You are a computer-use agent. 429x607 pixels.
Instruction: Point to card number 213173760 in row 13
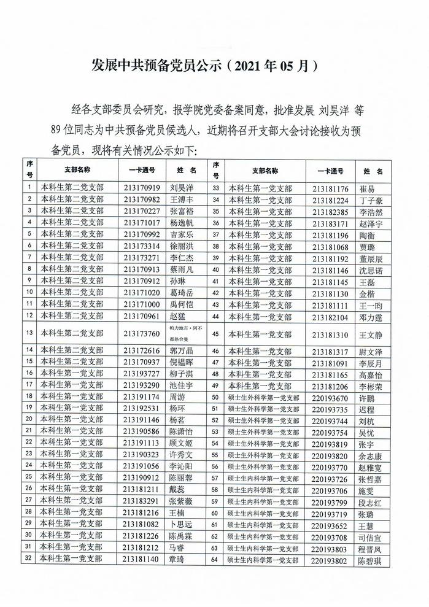coord(142,333)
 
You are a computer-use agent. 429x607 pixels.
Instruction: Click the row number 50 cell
coord(215,398)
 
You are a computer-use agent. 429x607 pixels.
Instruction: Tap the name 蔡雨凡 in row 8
coord(182,269)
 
